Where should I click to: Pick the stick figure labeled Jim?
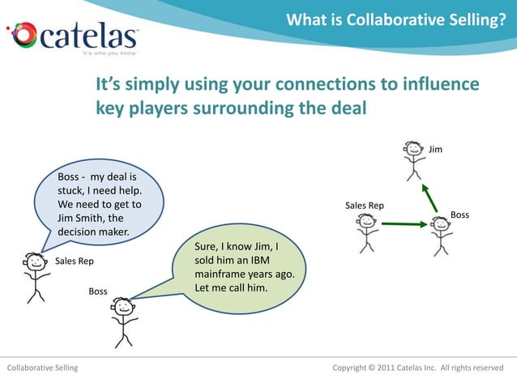[414, 159]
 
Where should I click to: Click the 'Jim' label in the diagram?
[436, 150]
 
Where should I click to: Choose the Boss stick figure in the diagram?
[441, 234]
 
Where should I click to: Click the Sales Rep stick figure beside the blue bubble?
[35, 275]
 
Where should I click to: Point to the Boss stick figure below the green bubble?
[123, 321]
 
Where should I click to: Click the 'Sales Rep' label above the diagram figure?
[365, 206]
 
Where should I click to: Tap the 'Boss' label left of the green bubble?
[98, 291]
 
